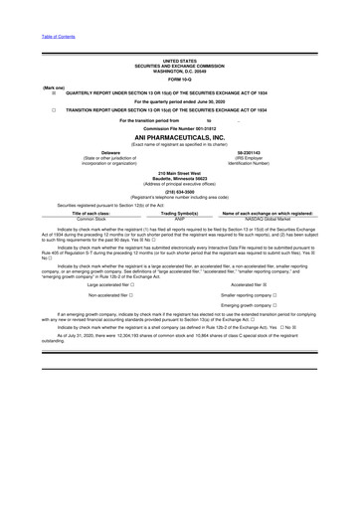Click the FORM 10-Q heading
tap(180, 79)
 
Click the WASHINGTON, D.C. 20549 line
tap(180, 71)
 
